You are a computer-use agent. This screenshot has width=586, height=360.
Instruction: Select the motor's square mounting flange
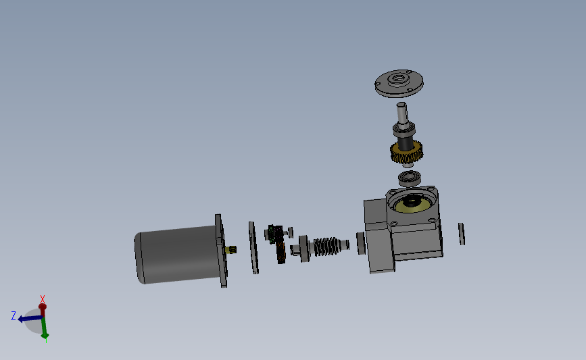[221, 251]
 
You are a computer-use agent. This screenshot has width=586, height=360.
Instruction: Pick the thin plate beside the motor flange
[253, 248]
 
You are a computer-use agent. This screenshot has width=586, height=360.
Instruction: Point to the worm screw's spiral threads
[328, 247]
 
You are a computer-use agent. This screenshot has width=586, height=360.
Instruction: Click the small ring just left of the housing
[360, 243]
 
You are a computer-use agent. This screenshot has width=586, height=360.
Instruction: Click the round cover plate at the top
[399, 82]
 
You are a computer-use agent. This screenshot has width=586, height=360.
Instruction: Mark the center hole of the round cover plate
[399, 79]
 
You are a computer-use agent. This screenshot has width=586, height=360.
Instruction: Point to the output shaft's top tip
[401, 106]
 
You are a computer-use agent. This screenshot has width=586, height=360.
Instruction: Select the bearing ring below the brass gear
[410, 178]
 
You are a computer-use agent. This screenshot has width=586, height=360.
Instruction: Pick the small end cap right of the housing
[462, 234]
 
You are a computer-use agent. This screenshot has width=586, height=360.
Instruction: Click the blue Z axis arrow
[28, 318]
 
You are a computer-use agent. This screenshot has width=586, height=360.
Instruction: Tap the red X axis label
[43, 299]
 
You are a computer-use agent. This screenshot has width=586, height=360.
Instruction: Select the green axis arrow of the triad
[44, 329]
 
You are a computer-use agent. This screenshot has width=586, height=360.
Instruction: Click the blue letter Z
[14, 315]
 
